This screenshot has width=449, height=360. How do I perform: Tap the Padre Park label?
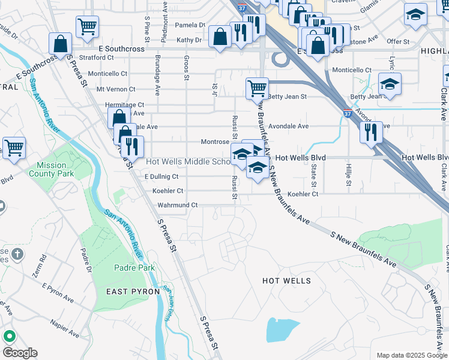[137, 268]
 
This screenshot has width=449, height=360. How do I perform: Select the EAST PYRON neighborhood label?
[133, 292]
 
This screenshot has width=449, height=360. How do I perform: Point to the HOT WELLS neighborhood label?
[287, 281]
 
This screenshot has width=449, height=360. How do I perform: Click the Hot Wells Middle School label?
[188, 162]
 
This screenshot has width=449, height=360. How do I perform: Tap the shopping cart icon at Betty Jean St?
[257, 88]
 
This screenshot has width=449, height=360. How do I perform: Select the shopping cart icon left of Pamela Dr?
[87, 26]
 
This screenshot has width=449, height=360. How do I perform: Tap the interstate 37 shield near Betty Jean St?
[348, 113]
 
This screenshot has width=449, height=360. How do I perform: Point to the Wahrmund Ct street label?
[177, 205]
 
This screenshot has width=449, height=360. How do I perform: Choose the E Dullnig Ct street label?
[162, 176]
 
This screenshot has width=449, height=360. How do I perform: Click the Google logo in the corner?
[20, 353]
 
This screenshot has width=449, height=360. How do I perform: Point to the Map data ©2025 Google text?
[411, 355]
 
